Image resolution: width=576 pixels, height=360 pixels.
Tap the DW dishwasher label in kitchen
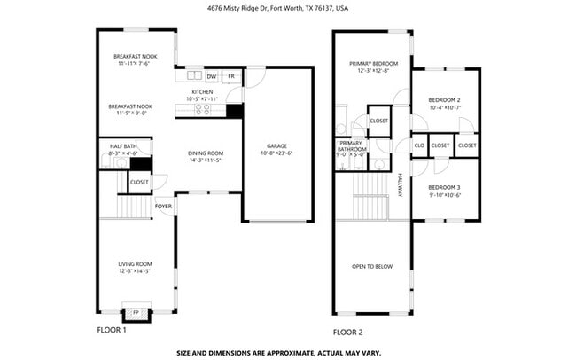pyautogui.click(x=212, y=76)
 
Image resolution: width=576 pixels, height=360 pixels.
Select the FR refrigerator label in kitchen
pyautogui.click(x=232, y=76)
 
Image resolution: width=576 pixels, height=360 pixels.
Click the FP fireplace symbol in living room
pyautogui.click(x=136, y=313)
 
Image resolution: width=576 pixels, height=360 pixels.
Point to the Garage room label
pyautogui.click(x=277, y=145)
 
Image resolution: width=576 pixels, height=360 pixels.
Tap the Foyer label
pyautogui.click(x=163, y=206)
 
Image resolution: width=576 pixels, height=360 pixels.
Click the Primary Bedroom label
pyautogui.click(x=373, y=64)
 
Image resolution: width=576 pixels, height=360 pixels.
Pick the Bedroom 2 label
pyautogui.click(x=444, y=100)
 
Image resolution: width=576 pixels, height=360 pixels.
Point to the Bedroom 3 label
pyautogui.click(x=444, y=187)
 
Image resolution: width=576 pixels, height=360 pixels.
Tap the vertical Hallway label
pyautogui.click(x=400, y=184)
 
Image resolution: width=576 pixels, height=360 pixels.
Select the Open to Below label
pyautogui.click(x=372, y=266)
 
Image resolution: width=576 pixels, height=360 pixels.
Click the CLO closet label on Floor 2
pyautogui.click(x=419, y=145)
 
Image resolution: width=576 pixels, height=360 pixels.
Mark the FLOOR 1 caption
pyautogui.click(x=112, y=330)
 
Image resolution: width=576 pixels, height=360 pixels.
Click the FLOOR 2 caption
pyautogui.click(x=348, y=332)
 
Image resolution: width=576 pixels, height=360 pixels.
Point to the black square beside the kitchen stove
pyautogui.click(x=234, y=111)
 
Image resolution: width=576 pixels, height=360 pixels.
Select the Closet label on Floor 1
pyautogui.click(x=139, y=182)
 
